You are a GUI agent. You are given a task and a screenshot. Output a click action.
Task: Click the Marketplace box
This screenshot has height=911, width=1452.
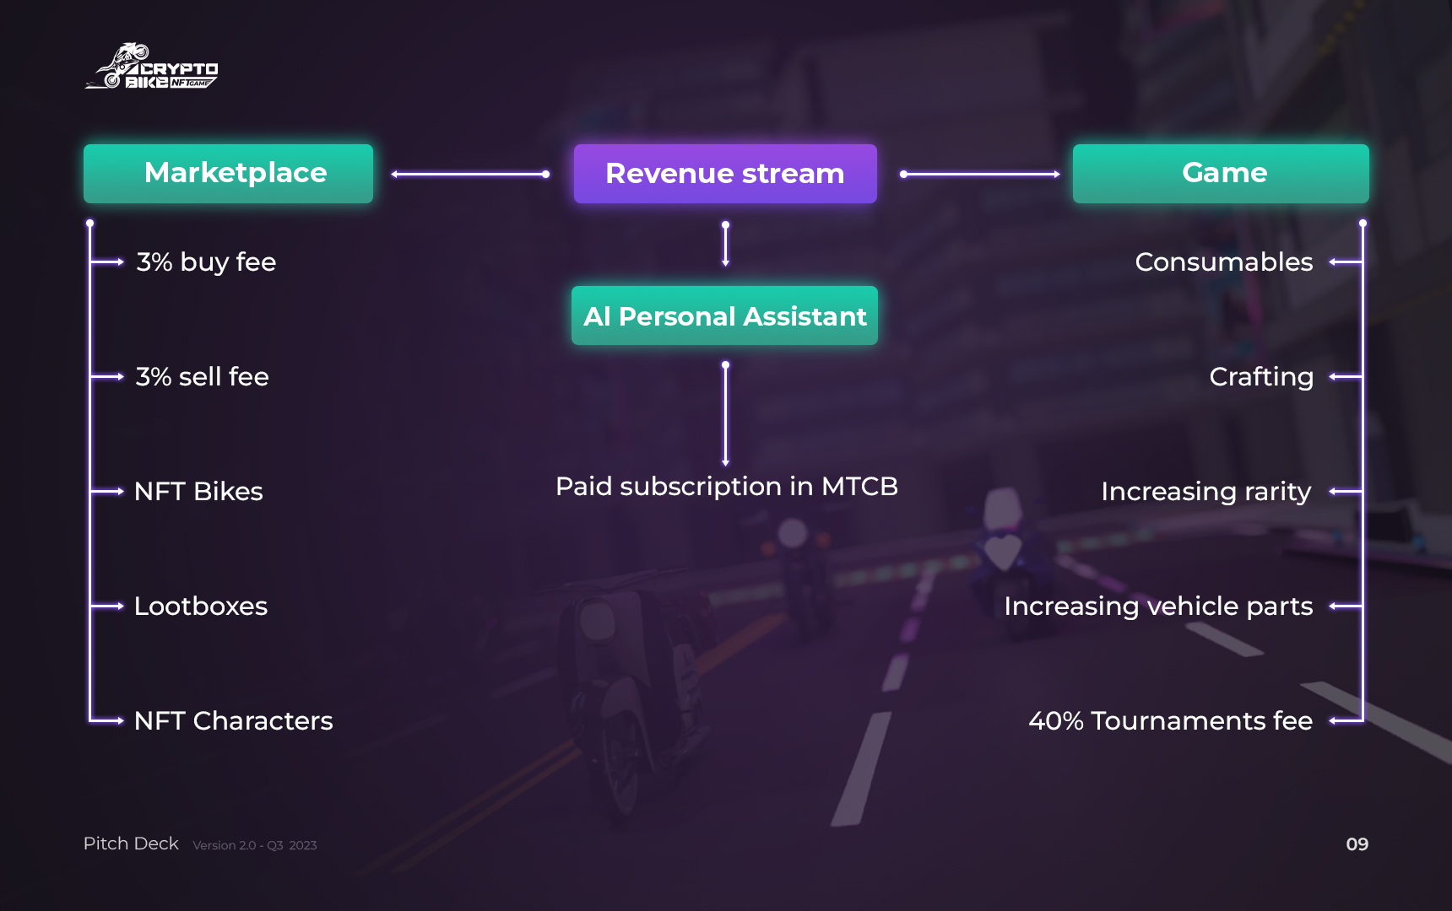click(x=228, y=173)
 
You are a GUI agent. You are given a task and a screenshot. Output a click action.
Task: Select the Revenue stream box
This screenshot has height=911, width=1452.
click(x=725, y=174)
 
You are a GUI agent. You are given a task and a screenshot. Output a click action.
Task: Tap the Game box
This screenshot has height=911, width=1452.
click(x=1221, y=173)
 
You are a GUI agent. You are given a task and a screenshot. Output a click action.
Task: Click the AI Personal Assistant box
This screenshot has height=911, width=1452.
click(x=724, y=315)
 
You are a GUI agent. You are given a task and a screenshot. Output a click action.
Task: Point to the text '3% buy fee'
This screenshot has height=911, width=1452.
click(x=206, y=262)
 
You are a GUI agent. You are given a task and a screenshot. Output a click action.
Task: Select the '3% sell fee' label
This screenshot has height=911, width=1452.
click(x=203, y=377)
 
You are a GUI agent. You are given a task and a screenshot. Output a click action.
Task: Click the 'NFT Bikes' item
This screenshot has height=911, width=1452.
click(x=198, y=492)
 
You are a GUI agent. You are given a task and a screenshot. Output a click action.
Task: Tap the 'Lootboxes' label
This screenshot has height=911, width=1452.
click(x=201, y=606)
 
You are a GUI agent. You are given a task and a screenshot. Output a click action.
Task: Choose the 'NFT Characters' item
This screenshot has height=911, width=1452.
click(x=234, y=721)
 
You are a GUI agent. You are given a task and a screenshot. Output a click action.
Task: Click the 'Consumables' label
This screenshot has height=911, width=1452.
click(x=1224, y=262)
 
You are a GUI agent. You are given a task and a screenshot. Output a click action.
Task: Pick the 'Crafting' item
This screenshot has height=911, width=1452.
click(x=1261, y=377)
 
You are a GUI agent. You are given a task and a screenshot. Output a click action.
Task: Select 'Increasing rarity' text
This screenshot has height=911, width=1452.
click(x=1206, y=492)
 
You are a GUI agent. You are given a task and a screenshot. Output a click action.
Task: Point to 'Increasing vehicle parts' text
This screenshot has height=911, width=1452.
click(x=1158, y=606)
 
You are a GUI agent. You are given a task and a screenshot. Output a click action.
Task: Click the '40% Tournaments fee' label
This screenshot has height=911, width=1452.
click(x=1170, y=721)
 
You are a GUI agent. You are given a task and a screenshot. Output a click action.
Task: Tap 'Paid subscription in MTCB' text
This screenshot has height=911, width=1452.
click(x=727, y=487)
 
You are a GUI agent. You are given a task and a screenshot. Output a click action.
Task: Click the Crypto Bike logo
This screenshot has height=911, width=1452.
click(x=152, y=67)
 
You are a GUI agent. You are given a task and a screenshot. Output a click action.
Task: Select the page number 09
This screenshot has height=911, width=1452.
click(x=1357, y=844)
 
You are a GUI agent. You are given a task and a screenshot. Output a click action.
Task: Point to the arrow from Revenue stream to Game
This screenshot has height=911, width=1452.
click(x=979, y=175)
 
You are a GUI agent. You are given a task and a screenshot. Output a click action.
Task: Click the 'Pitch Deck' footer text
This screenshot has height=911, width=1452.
click(x=131, y=844)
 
